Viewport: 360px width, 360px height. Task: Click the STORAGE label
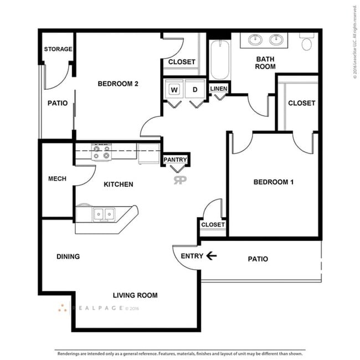pos(58,49)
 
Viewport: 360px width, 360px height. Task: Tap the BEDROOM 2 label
pos(117,84)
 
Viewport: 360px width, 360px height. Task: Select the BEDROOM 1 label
pos(273,182)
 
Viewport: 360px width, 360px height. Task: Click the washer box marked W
pos(174,89)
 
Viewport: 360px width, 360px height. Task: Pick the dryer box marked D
pos(195,89)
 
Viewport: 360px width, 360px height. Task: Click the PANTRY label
pos(176,160)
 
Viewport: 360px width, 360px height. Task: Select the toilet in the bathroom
pos(307,42)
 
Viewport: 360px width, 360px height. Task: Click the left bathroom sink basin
pos(256,40)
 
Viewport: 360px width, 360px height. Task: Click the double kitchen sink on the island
pos(104,213)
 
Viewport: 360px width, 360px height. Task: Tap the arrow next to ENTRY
pos(211,256)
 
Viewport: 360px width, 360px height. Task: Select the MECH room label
pos(58,179)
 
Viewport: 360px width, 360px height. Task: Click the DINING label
pos(68,256)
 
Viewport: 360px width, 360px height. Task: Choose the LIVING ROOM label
pos(135,295)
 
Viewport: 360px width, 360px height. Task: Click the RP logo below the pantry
pos(179,179)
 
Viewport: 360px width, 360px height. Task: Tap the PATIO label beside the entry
pos(258,259)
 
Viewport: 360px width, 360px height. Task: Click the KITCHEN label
pos(119,184)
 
